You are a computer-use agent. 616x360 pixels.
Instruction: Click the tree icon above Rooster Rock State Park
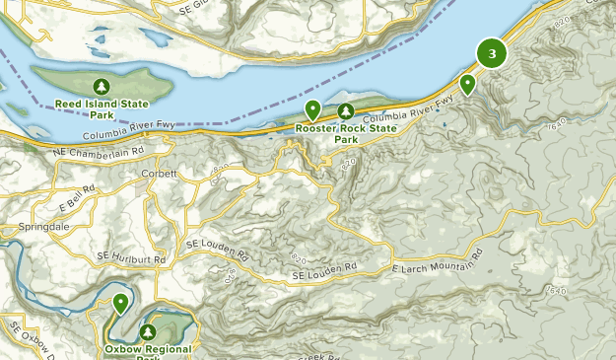346,111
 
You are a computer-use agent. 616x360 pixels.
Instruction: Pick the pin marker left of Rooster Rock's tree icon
312,109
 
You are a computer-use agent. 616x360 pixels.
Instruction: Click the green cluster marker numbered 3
492,53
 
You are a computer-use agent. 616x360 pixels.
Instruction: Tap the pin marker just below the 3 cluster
468,85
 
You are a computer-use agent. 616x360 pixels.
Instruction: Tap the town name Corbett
160,174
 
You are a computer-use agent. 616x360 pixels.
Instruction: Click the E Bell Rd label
76,197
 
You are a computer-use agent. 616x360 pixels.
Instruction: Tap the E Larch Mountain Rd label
438,259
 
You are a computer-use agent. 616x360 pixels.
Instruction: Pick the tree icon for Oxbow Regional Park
149,332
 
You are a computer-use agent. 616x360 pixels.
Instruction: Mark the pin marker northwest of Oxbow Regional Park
120,304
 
